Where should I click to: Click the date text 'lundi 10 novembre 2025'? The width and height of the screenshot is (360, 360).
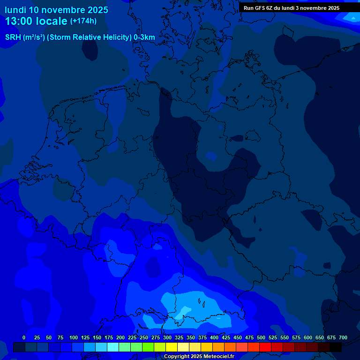click(56, 10)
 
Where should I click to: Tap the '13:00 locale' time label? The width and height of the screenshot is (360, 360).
click(37, 21)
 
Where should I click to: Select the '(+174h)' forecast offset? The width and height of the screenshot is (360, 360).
click(83, 21)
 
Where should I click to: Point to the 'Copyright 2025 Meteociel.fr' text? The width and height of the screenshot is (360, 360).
click(199, 357)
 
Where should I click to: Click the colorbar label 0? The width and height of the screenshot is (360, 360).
click(24, 337)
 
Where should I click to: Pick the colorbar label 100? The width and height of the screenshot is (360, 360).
click(74, 337)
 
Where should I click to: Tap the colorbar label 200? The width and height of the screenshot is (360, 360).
click(120, 337)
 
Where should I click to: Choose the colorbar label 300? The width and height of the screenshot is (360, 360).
click(167, 337)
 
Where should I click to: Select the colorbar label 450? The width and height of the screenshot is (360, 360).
click(238, 337)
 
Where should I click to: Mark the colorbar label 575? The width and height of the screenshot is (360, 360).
click(296, 337)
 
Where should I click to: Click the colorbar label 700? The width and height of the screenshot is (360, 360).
click(343, 337)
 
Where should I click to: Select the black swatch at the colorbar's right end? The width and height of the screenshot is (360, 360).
click(336, 347)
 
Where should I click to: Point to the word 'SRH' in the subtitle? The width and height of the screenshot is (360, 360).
click(13, 37)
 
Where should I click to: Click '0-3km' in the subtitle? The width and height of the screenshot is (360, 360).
click(144, 37)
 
